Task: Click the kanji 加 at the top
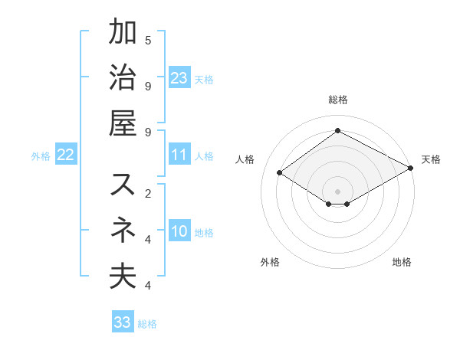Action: (x=123, y=34)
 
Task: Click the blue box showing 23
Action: (x=179, y=78)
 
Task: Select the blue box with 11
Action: (x=179, y=155)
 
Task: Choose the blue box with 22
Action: (x=65, y=155)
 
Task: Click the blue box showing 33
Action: (x=123, y=322)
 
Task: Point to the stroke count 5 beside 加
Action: (x=148, y=40)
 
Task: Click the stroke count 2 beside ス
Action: (x=148, y=193)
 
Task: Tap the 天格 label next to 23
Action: (x=204, y=80)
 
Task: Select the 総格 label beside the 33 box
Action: (x=147, y=324)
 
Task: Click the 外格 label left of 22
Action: (x=41, y=156)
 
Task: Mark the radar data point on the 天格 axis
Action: (x=411, y=169)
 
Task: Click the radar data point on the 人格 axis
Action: (x=280, y=173)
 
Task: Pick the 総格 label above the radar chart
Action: (x=337, y=100)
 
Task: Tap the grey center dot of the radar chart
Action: (x=337, y=190)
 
